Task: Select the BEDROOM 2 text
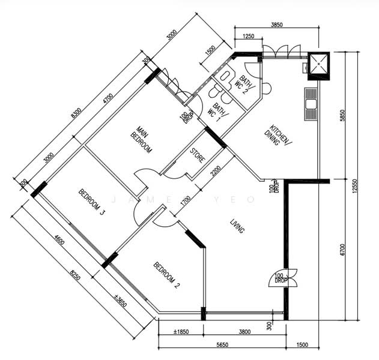point(166,275)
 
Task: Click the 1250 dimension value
point(247,37)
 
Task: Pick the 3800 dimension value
point(244,332)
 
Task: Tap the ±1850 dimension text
point(181,332)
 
